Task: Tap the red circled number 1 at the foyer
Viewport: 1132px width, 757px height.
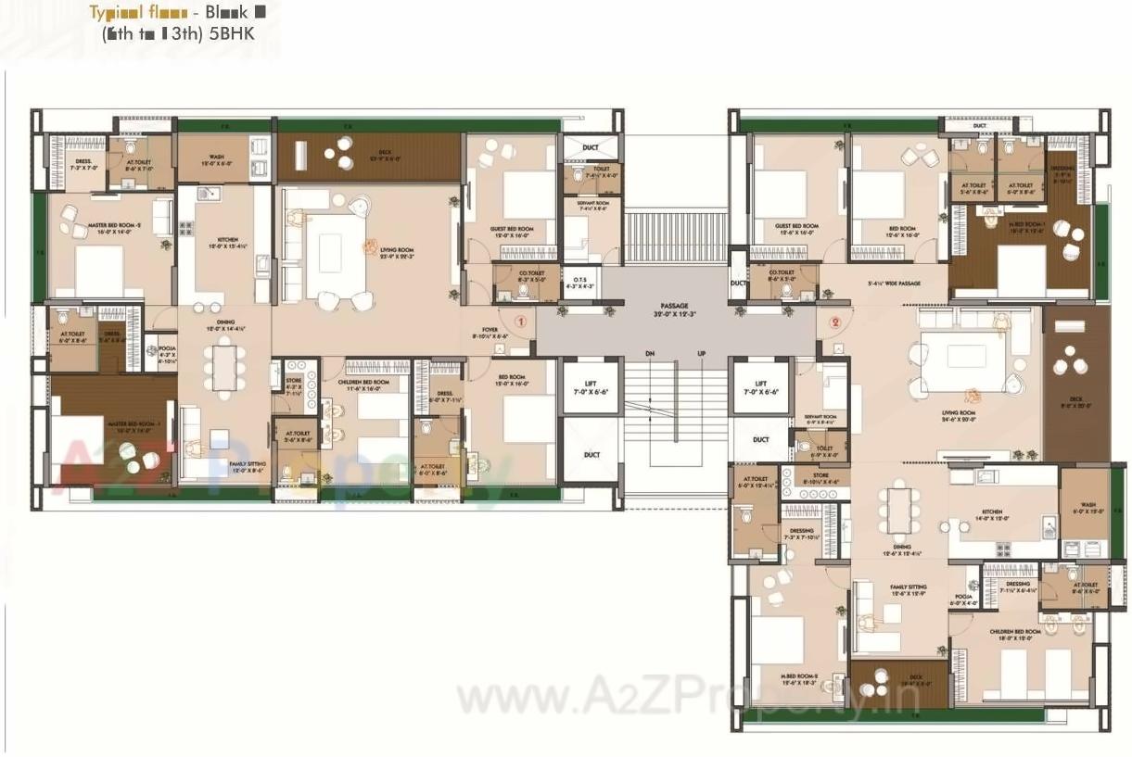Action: click(520, 322)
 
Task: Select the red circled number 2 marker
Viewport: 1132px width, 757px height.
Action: click(835, 322)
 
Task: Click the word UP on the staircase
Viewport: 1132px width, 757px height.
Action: click(702, 354)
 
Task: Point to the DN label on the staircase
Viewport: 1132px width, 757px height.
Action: click(650, 354)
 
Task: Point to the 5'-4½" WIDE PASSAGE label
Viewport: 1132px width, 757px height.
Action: click(894, 283)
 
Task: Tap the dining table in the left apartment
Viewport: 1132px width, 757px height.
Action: click(224, 366)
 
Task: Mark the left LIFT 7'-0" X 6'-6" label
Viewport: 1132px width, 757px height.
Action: click(591, 385)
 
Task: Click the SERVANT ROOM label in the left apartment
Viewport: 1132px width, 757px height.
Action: click(588, 205)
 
